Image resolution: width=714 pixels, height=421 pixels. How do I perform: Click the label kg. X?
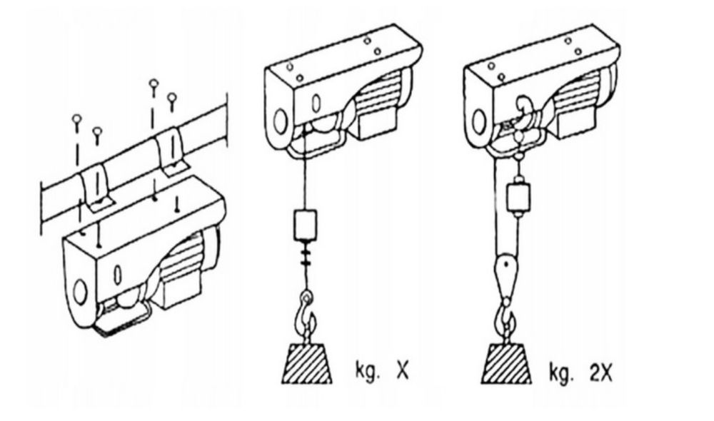click(381, 371)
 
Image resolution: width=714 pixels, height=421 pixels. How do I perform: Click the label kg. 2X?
click(580, 372)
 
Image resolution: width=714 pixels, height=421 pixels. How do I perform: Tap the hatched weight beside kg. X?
click(307, 363)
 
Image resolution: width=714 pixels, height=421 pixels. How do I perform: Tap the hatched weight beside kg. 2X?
click(506, 364)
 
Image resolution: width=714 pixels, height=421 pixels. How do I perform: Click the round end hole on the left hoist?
click(80, 292)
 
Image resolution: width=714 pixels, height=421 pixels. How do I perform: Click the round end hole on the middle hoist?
click(281, 121)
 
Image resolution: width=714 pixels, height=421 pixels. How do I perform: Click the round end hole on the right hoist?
click(478, 121)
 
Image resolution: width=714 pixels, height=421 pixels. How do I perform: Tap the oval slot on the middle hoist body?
click(316, 103)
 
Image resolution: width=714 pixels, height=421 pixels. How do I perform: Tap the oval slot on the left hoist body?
click(118, 273)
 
